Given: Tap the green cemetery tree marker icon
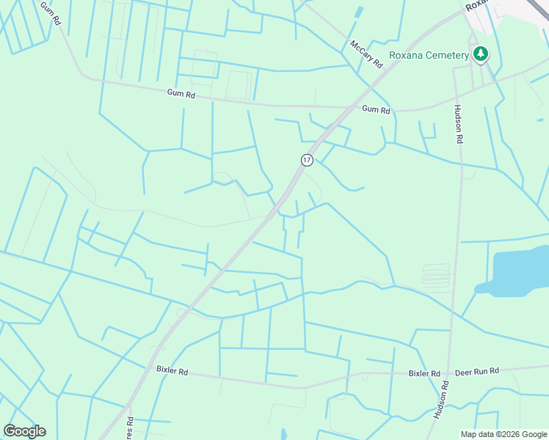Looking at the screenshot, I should [x=481, y=54].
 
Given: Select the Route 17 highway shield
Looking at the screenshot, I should [x=306, y=159].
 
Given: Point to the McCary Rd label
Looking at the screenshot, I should [x=367, y=54].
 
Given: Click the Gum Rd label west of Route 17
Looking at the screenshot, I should [x=181, y=95].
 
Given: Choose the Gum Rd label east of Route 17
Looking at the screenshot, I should [x=376, y=109].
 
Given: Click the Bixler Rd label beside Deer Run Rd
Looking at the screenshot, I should [x=424, y=373].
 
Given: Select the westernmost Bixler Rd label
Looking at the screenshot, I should [x=172, y=372].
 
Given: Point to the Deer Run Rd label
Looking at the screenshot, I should [x=477, y=371].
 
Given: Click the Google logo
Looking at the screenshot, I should [x=24, y=431].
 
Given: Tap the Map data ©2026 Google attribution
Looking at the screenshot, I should [x=503, y=434].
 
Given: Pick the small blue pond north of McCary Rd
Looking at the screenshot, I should [x=359, y=12].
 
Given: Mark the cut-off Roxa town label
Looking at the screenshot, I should [x=476, y=4].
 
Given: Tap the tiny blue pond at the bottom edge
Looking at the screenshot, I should [x=283, y=434].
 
